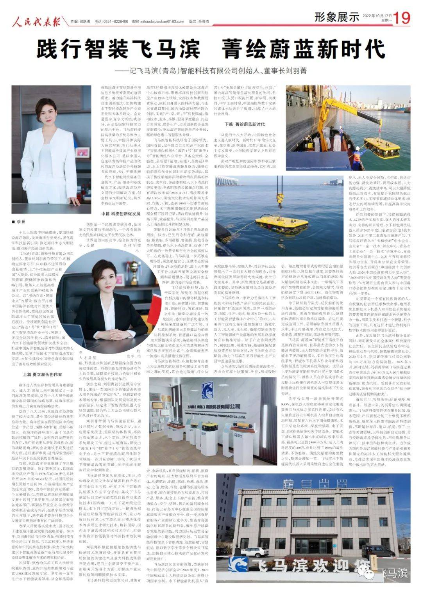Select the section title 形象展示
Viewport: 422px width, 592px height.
point(337,17)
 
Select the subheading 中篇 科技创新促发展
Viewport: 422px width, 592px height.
point(121,214)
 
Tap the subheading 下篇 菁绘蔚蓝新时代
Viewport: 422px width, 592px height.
point(245,124)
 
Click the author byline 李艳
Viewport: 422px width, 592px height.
point(21,222)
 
